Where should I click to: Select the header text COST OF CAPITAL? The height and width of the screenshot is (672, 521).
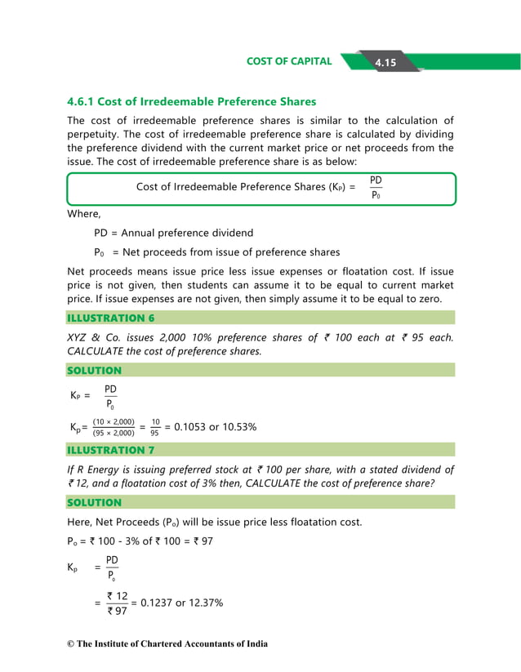click(289, 61)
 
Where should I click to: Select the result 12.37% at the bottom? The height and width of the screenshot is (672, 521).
click(202, 603)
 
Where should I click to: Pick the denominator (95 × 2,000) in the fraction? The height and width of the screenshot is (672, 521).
click(114, 434)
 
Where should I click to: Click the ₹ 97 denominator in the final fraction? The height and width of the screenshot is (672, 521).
click(114, 611)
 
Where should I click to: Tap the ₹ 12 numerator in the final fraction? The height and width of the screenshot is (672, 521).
click(114, 595)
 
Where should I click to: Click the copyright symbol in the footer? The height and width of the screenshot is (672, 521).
click(70, 644)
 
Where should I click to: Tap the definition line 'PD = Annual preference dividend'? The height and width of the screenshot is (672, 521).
click(173, 233)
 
